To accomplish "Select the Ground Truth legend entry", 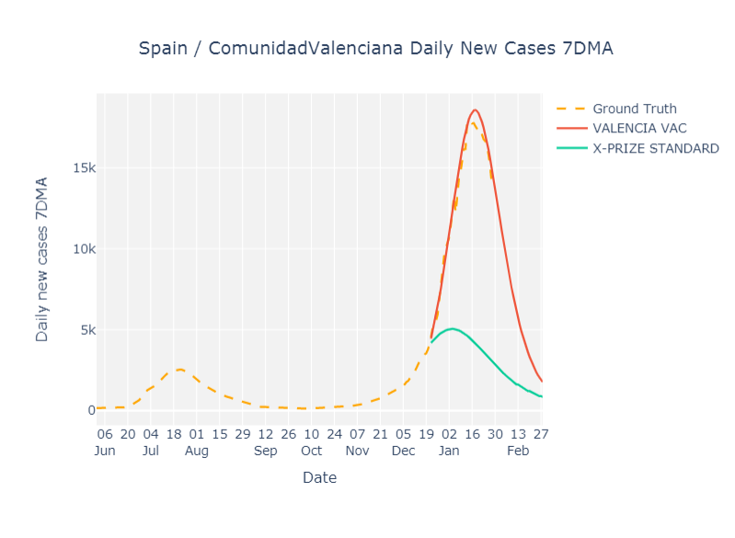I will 634,109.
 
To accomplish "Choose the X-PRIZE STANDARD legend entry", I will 655,148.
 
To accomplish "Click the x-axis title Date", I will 319,478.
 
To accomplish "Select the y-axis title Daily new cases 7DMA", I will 42,259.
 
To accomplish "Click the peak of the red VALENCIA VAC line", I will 475,109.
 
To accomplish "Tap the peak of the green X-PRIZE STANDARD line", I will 451,328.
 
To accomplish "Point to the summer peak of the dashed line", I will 180,370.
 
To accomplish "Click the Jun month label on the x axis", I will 106,452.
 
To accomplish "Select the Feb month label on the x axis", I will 518,452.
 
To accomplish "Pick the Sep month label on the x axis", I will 265,452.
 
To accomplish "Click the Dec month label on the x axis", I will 403,452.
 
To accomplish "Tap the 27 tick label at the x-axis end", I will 540,434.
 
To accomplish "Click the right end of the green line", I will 542,396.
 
